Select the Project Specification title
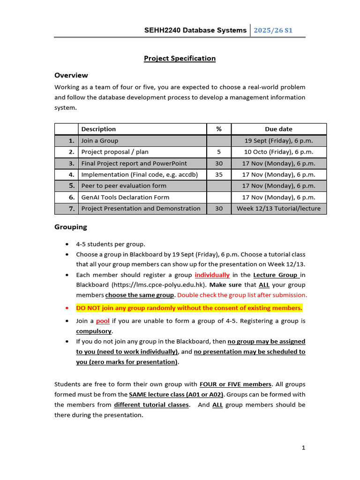(x=180, y=59)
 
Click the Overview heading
(x=71, y=75)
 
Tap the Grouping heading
(x=71, y=227)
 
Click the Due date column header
(x=278, y=129)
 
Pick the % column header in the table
(x=219, y=129)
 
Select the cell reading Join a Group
(x=100, y=141)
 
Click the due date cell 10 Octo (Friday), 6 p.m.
(x=278, y=152)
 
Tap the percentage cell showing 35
(x=219, y=174)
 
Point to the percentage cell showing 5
(x=219, y=152)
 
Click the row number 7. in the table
(x=71, y=209)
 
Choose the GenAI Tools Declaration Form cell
(x=125, y=197)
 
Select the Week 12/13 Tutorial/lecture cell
(x=278, y=209)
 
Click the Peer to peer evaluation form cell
(x=124, y=186)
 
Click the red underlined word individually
(x=212, y=275)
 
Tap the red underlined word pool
(x=103, y=321)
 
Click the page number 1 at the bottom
(x=303, y=448)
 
